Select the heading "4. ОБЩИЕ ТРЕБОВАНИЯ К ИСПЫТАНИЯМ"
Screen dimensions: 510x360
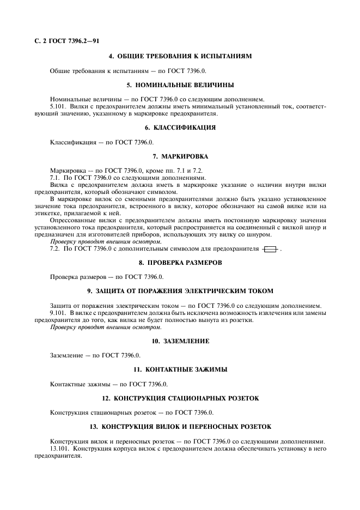[x=180, y=57]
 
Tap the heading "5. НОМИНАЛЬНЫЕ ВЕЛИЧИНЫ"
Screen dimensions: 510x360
[x=180, y=85]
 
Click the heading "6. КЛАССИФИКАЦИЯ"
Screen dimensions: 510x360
[x=180, y=127]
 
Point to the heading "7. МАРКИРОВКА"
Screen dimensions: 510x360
[x=180, y=156]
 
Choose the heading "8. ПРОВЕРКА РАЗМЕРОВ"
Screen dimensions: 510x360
[x=180, y=263]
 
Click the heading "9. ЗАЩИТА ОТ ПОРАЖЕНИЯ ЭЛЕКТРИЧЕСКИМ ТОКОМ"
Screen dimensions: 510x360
[x=180, y=291]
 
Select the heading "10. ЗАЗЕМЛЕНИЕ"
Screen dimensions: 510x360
[x=180, y=341]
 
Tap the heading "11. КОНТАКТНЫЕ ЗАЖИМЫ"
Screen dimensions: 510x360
[x=180, y=369]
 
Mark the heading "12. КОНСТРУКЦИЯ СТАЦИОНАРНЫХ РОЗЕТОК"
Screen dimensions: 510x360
[x=180, y=398]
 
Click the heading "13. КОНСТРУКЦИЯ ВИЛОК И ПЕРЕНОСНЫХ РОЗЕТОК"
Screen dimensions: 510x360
[x=180, y=427]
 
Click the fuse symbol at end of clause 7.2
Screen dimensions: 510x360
[x=270, y=249]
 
